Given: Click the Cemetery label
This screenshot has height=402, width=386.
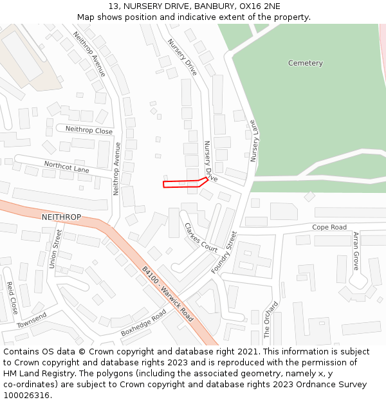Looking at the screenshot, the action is [x=306, y=63].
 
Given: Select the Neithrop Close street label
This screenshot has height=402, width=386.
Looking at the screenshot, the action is [x=89, y=130].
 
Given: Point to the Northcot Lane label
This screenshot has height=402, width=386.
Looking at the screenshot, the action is [x=66, y=167].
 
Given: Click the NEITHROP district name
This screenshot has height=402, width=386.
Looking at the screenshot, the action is [x=61, y=217].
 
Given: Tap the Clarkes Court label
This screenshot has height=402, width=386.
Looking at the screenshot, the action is [x=201, y=237].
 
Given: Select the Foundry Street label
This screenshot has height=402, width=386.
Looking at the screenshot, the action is [x=225, y=253].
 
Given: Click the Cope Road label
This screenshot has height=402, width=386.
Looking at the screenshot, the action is [x=329, y=227].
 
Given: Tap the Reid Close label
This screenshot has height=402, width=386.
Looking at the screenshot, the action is [x=12, y=298].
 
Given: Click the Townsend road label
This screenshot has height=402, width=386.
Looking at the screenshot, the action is [x=32, y=320].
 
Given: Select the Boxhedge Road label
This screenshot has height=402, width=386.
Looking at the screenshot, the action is [x=143, y=323].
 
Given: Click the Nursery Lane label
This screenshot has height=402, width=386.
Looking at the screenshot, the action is [x=254, y=141].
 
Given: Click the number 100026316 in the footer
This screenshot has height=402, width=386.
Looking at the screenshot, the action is [x=28, y=395].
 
